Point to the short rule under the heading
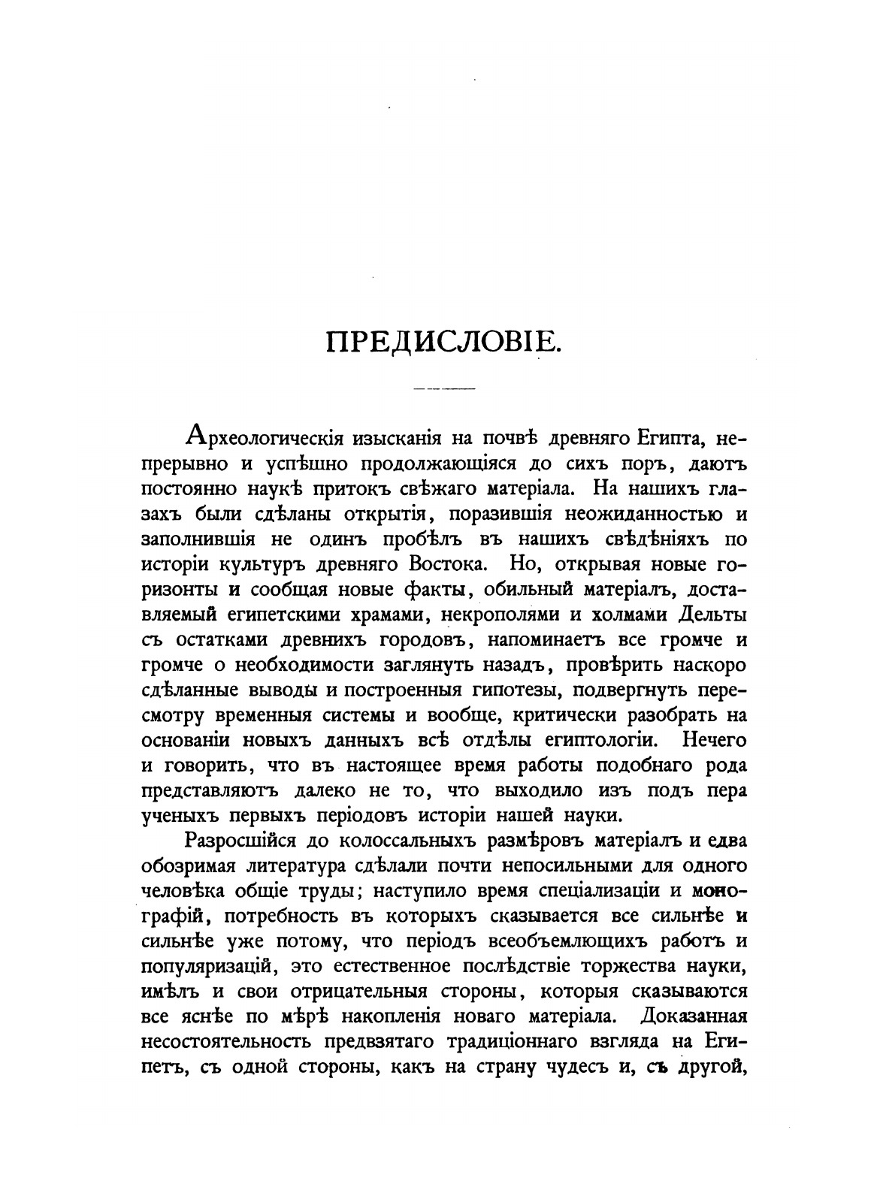click(444, 388)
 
